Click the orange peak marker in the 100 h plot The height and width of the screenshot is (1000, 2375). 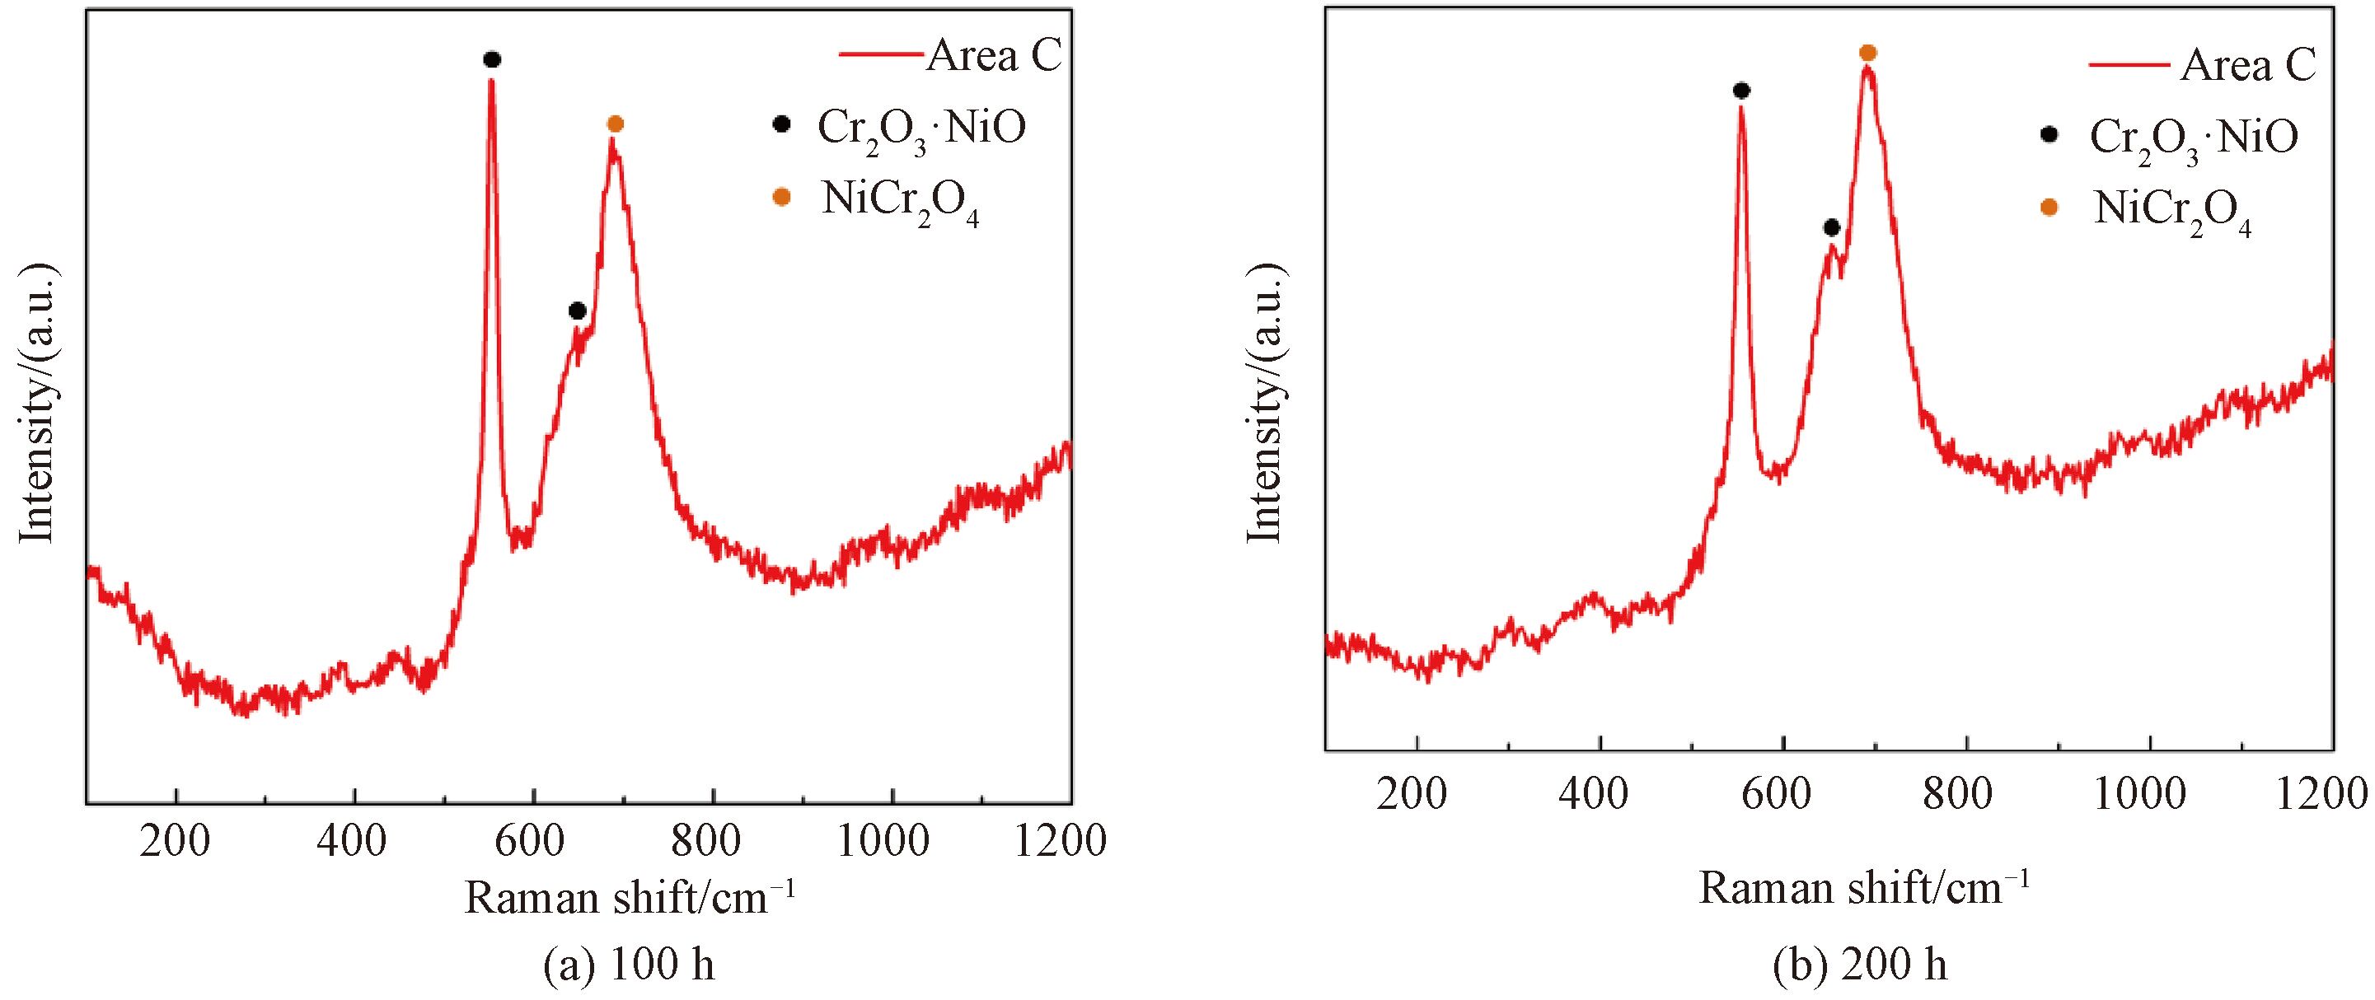pyautogui.click(x=616, y=124)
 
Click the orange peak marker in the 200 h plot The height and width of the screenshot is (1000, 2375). pyautogui.click(x=1868, y=53)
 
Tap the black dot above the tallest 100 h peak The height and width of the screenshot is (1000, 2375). pyautogui.click(x=491, y=60)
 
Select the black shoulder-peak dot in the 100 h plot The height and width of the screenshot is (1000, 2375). pyautogui.click(x=577, y=311)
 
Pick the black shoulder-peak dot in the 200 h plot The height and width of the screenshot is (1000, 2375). pyautogui.click(x=1832, y=227)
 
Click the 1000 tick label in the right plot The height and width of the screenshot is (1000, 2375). pyautogui.click(x=2140, y=794)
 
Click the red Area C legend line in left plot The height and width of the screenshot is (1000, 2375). pyautogui.click(x=880, y=54)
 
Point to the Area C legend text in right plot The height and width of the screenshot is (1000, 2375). pyautogui.click(x=2248, y=67)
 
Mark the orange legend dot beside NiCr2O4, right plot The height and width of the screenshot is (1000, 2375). pyautogui.click(x=2049, y=208)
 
